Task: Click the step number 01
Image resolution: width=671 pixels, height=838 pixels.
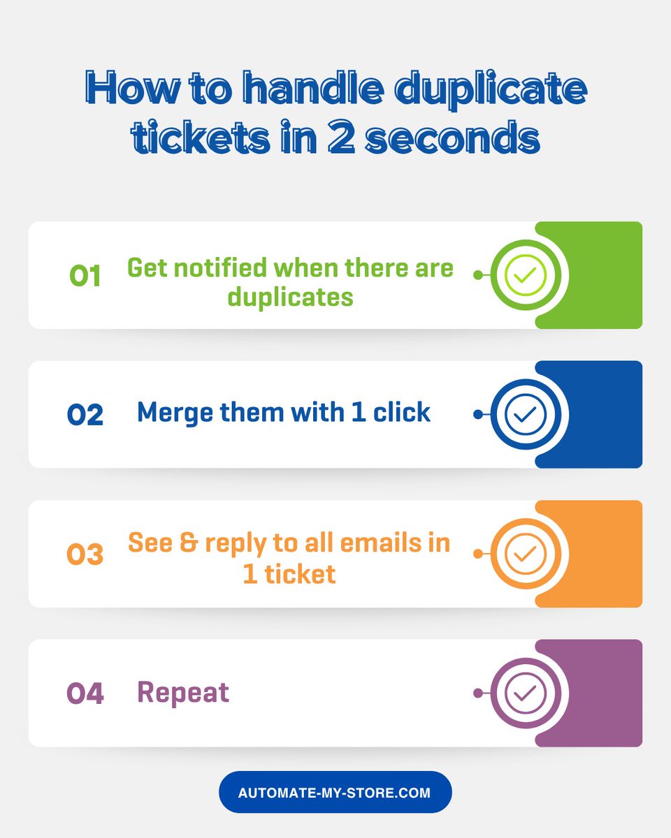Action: [x=85, y=276]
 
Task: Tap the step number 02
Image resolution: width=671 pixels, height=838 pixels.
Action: [x=85, y=414]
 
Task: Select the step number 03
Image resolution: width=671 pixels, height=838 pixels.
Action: [x=85, y=554]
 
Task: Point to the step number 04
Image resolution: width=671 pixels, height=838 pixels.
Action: [x=85, y=693]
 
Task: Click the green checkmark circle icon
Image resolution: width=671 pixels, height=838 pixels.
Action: [x=526, y=275]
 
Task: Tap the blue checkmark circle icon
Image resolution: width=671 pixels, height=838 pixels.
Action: [x=526, y=414]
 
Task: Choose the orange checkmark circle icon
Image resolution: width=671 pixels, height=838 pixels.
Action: [x=526, y=553]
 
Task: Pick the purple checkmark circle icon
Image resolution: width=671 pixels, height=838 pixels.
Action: [x=526, y=693]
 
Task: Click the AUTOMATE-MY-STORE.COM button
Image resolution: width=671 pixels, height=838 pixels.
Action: [x=335, y=793]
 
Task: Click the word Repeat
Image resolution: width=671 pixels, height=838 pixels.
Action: [x=183, y=693]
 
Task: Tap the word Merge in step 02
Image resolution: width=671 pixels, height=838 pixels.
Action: [x=175, y=413]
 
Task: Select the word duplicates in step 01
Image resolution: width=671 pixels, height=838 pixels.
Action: [x=291, y=298]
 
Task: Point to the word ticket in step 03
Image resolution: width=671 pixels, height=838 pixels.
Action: [x=301, y=574]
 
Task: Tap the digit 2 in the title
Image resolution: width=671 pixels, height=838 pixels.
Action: [x=341, y=136]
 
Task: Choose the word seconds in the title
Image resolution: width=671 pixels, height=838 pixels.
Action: [x=453, y=136]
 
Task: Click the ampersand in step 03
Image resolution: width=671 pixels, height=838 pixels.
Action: [x=189, y=543]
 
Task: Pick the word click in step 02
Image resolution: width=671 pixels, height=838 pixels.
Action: [x=402, y=412]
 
